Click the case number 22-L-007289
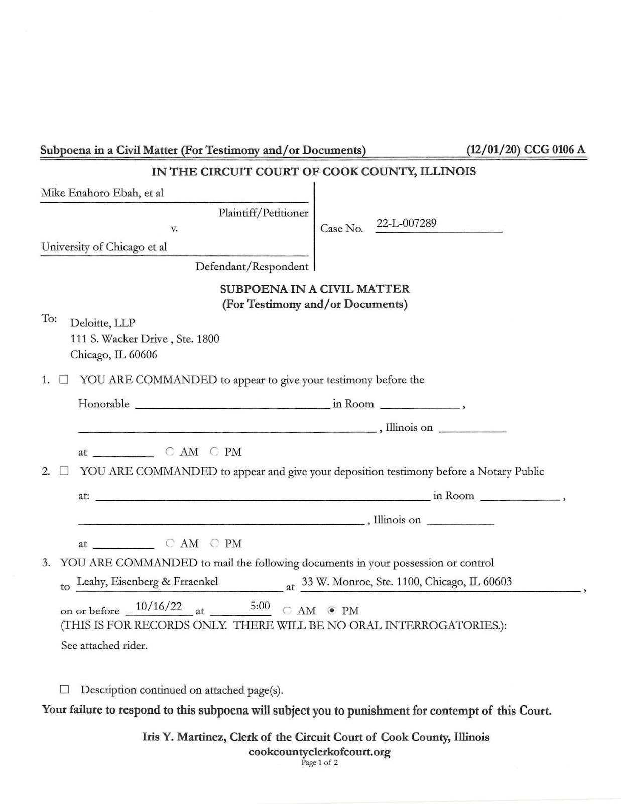coord(406,223)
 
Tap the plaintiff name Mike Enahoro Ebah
coord(90,193)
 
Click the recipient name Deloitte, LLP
coord(102,323)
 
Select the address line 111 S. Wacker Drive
coord(119,339)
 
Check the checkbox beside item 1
coord(64,380)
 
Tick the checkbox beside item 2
coord(64,471)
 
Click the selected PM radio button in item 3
coord(331,611)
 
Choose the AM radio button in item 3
coord(287,611)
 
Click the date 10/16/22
coord(159,606)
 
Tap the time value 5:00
coord(260,606)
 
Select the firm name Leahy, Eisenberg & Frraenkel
coord(147,582)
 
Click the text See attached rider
coord(104,646)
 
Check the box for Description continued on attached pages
coord(64,689)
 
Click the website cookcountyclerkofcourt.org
coord(319,752)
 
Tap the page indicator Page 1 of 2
coord(319,763)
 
